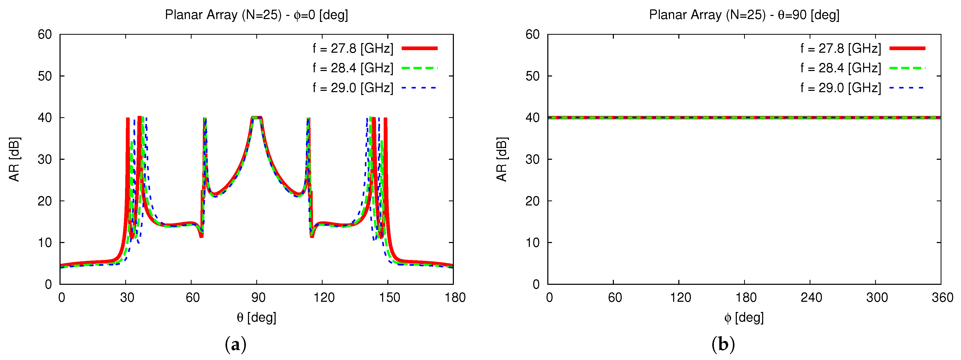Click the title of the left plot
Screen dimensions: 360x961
pos(256,15)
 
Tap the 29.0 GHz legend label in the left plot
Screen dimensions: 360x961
pos(353,88)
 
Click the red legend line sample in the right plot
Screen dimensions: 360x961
pos(907,48)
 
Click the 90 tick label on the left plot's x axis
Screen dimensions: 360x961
pos(258,298)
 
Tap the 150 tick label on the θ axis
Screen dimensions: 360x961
pos(389,298)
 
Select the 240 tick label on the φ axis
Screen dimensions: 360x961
pos(811,298)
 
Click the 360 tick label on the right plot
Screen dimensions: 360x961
pos(942,298)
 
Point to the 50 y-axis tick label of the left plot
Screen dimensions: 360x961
pos(45,76)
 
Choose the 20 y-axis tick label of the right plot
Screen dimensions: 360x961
pos(532,201)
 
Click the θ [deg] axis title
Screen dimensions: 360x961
pos(256,317)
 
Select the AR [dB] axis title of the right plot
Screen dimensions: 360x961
pos(502,159)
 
